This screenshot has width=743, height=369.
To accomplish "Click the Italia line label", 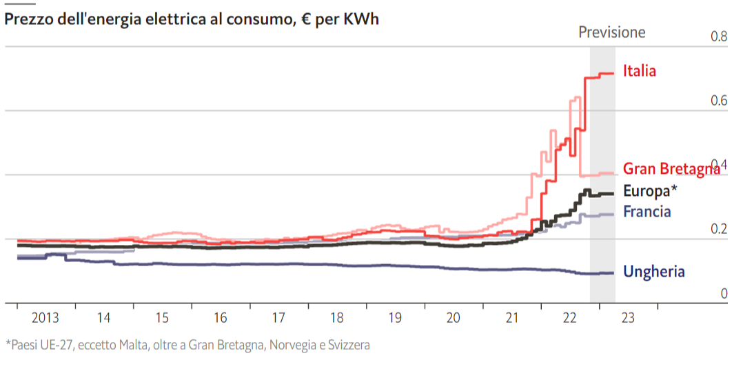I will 639,70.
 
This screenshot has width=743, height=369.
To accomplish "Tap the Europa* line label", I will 650,191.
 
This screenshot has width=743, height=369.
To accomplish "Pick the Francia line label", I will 647,212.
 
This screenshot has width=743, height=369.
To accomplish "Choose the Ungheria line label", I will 653,272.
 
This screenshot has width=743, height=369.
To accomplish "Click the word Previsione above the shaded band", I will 612,32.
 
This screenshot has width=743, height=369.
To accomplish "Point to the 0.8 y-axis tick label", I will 719,37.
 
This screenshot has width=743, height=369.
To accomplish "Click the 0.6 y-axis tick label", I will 719,101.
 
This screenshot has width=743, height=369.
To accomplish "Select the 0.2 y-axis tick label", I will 719,229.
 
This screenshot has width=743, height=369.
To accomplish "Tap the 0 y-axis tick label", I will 724,294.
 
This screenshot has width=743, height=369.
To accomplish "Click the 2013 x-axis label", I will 45,319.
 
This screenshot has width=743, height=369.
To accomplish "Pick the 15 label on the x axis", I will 162,319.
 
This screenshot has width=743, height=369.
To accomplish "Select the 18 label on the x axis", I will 336,319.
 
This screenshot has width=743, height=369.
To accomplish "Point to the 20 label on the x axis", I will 453,319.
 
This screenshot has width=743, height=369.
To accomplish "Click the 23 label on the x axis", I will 628,319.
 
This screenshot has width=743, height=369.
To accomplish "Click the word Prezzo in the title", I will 27,19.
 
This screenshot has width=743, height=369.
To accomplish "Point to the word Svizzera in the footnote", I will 345,345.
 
